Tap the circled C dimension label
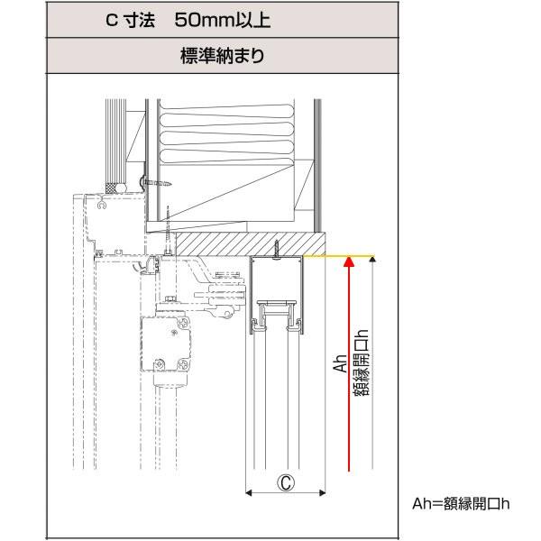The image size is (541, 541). click(x=285, y=482)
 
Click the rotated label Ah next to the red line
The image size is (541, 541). click(x=340, y=363)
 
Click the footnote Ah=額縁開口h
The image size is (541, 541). click(x=460, y=503)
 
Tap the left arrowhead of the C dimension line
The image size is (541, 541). click(x=250, y=493)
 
